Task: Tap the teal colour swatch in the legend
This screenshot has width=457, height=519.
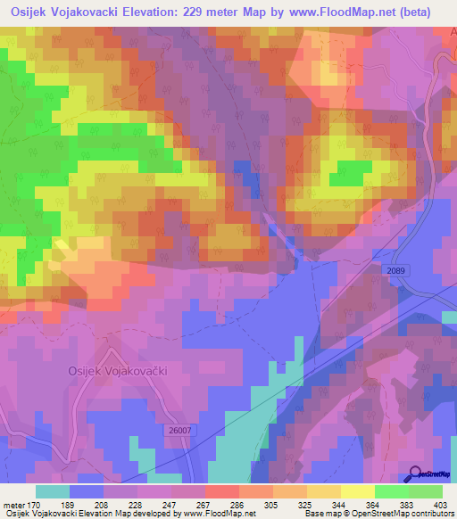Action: tap(53, 491)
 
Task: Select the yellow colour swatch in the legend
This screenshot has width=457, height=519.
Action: tap(357, 491)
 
